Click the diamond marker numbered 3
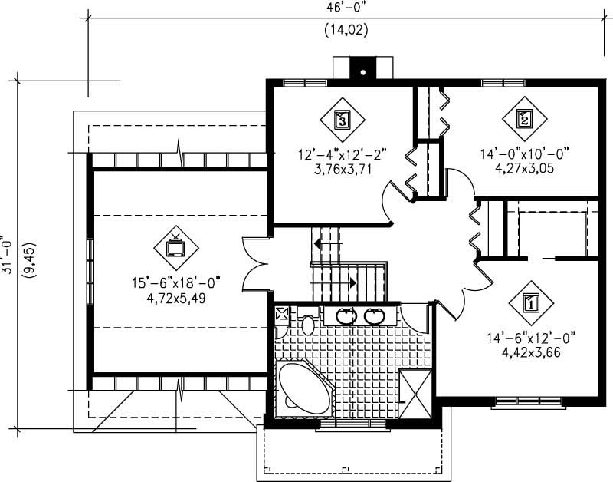pyautogui.click(x=342, y=119)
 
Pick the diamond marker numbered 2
pyautogui.click(x=524, y=118)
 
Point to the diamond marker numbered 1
pyautogui.click(x=529, y=302)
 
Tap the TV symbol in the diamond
pyautogui.click(x=175, y=246)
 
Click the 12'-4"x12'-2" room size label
pyautogui.click(x=342, y=154)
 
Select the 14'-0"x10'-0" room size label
pyautogui.click(x=525, y=154)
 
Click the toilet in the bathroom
pyautogui.click(x=308, y=323)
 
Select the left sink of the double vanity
pyautogui.click(x=346, y=315)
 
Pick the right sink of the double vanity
pyautogui.click(x=374, y=315)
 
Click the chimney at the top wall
pyautogui.click(x=360, y=69)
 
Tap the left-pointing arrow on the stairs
pyautogui.click(x=321, y=244)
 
